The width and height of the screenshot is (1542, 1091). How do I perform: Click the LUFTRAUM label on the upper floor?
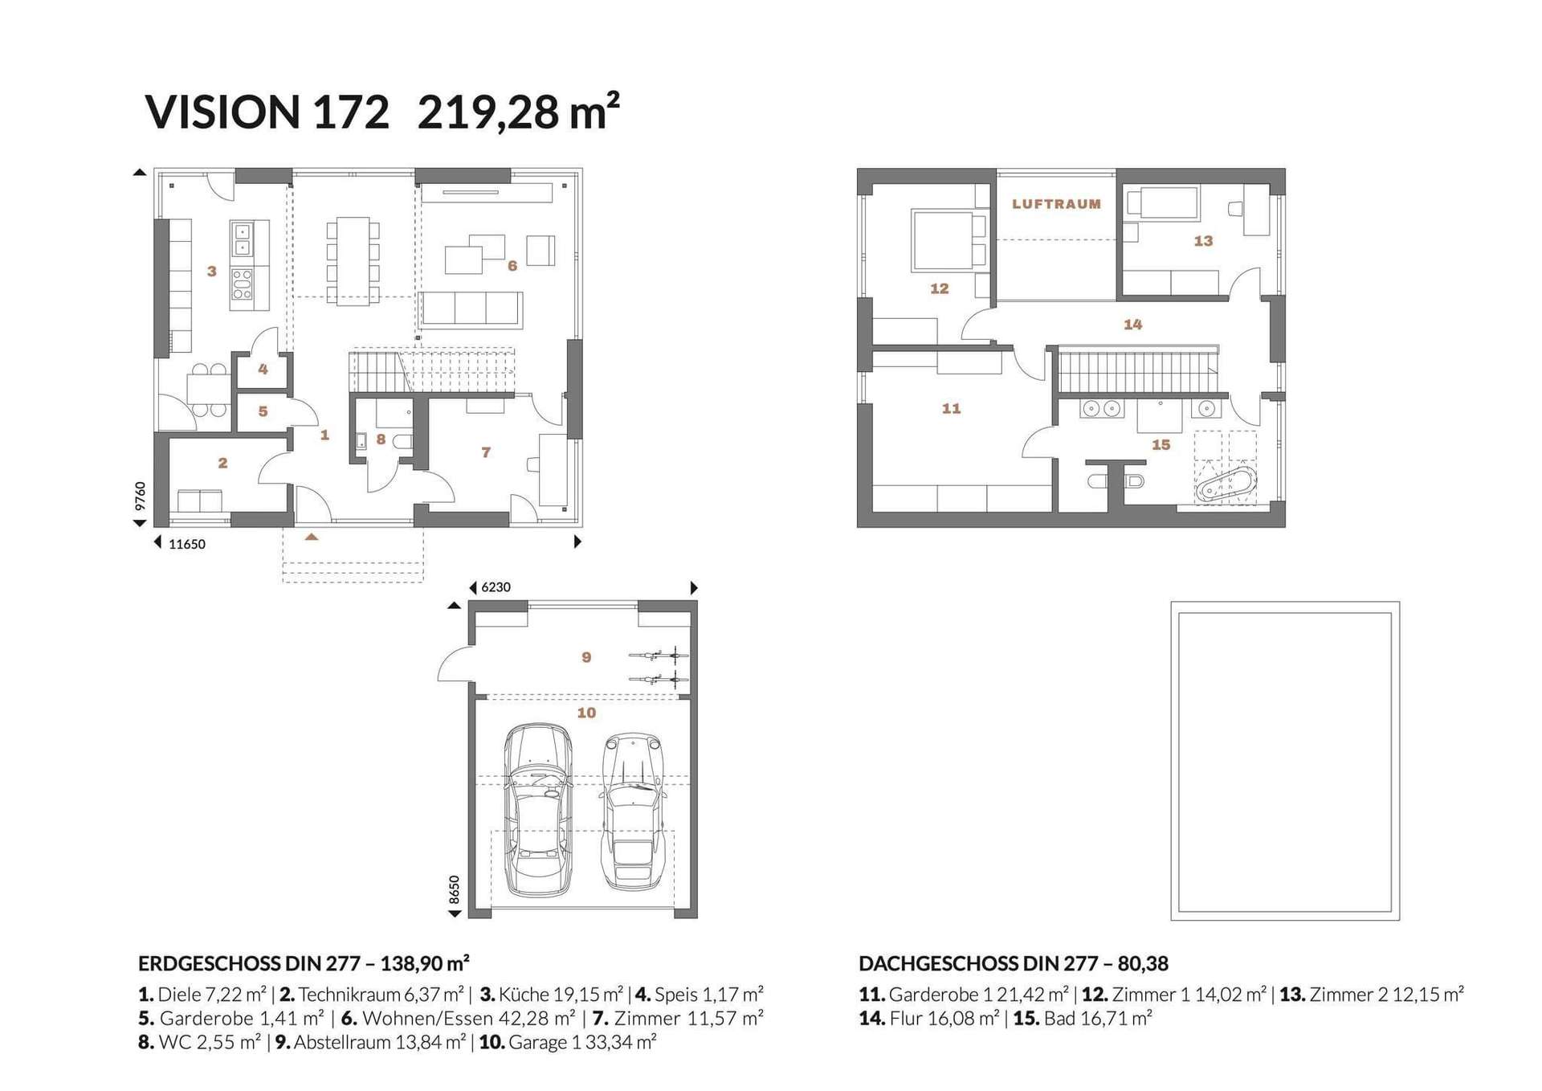pos(1056,204)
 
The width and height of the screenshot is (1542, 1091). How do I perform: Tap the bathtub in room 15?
pos(1226,484)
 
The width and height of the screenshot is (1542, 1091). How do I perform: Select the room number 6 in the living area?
pos(512,266)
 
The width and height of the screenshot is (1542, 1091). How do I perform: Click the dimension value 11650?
pos(187,544)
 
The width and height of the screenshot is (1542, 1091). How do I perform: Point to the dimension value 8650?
pos(454,889)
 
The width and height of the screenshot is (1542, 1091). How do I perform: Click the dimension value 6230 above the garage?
pos(496,587)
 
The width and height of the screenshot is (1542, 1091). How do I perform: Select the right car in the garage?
pos(634,811)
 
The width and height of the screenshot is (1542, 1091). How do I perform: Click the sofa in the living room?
pos(471,309)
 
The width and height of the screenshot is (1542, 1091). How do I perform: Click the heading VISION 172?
pos(267,112)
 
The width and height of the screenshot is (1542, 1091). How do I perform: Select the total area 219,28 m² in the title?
pos(519,111)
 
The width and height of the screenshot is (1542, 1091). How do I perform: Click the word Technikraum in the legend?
pos(349,995)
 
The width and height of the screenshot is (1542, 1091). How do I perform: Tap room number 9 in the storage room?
pos(586,657)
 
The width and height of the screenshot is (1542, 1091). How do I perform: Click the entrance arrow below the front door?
pos(312,536)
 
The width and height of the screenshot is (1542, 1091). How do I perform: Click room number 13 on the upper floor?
pos(1203,241)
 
